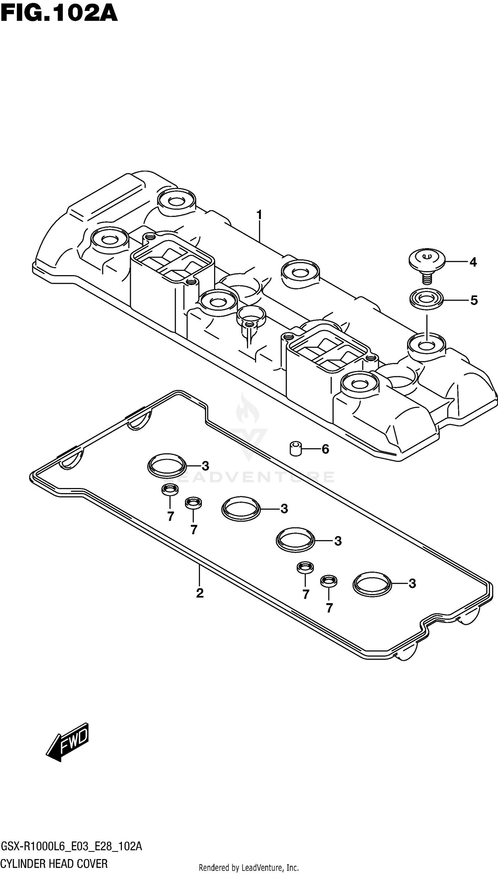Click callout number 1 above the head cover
(x=259, y=215)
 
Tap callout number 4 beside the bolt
(x=473, y=262)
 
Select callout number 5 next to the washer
(x=474, y=300)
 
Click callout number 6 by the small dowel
(x=325, y=449)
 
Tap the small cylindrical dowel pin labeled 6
(x=296, y=449)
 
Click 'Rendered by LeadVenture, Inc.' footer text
(x=249, y=867)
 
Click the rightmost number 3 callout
(x=412, y=584)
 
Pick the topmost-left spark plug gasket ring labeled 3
(x=167, y=466)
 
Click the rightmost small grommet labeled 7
(x=328, y=581)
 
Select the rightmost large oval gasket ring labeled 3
(x=372, y=584)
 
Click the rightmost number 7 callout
(x=329, y=608)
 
